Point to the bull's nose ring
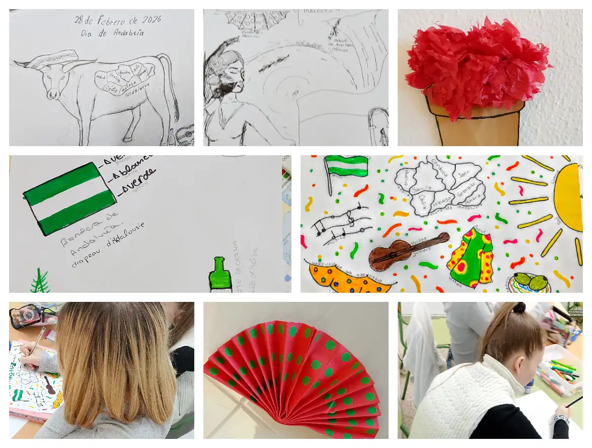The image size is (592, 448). [52, 95]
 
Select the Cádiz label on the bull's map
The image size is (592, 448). [112, 88]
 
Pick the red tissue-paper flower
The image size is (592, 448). [476, 66]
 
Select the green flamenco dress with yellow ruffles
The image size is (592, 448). [470, 258]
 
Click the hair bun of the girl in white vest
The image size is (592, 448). [519, 307]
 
